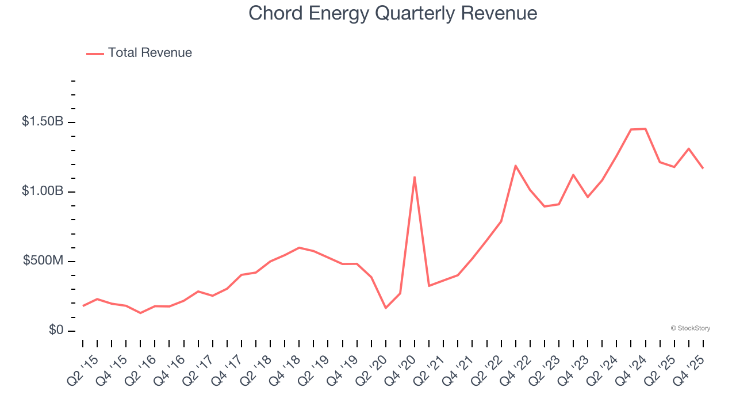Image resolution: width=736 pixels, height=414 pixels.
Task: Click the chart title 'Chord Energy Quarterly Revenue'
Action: click(x=393, y=13)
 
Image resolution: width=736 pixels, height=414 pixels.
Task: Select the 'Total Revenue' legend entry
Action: click(x=149, y=53)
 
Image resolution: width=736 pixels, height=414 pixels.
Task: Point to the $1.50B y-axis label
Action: click(x=43, y=122)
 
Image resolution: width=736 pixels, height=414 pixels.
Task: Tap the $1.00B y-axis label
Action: click(x=43, y=191)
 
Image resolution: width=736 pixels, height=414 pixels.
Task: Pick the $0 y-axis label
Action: click(x=55, y=331)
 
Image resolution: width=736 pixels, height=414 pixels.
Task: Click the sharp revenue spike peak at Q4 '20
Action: click(x=415, y=177)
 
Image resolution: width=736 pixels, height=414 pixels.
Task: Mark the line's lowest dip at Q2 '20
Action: click(x=385, y=308)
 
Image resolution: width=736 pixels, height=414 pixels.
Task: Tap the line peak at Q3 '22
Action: click(x=516, y=166)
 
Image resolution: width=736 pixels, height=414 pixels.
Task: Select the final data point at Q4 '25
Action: click(x=703, y=168)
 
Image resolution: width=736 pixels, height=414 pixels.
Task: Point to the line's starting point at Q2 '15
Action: click(x=83, y=306)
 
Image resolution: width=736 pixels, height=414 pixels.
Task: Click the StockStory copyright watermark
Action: click(x=691, y=328)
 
